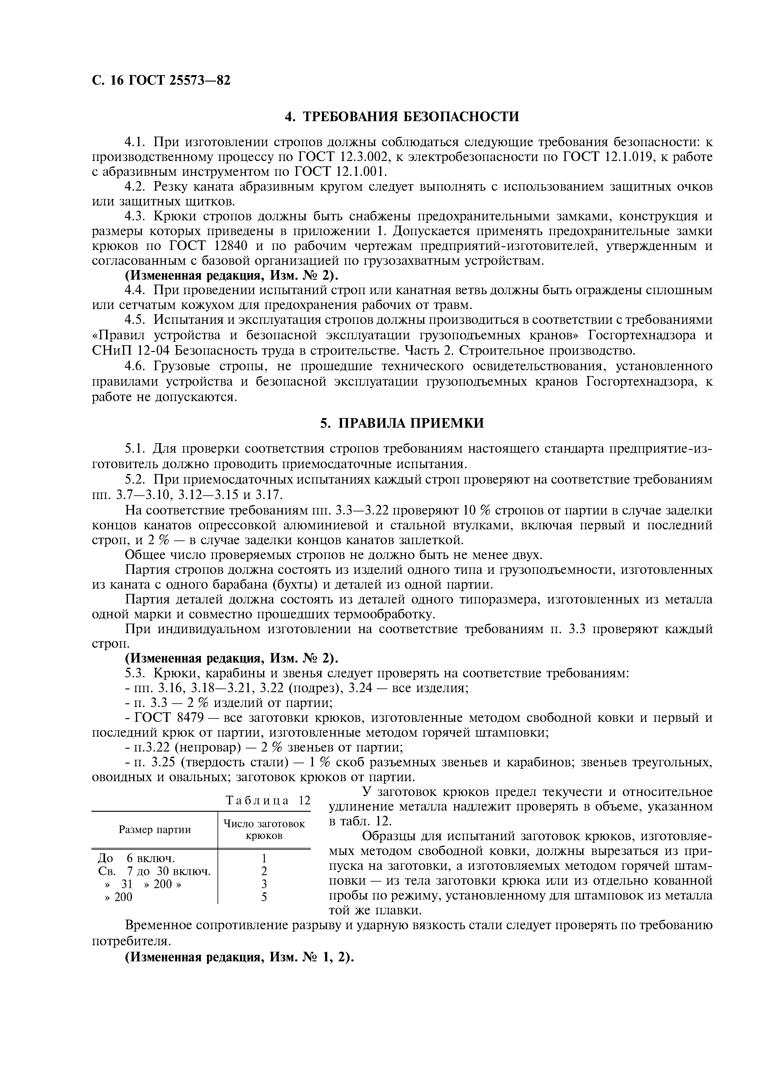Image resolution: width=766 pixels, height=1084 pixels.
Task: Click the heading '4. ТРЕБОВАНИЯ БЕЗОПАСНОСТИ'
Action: coord(402,116)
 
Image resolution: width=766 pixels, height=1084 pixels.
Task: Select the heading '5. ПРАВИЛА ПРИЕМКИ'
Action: coord(402,423)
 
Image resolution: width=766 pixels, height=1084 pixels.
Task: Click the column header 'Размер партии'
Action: coord(154,829)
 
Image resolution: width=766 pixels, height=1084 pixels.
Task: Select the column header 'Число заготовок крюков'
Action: coord(264,829)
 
